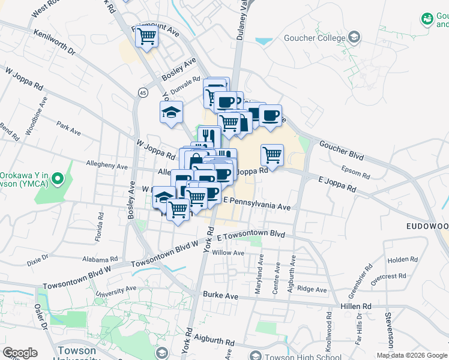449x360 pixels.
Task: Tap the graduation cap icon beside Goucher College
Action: [354, 37]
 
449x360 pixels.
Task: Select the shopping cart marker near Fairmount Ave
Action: [147, 37]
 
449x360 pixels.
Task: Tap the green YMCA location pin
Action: [58, 178]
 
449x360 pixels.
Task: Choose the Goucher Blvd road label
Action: [342, 151]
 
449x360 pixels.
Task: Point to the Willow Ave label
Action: [232, 253]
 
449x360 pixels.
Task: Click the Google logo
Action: [20, 353]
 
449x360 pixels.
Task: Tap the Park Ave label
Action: [68, 130]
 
